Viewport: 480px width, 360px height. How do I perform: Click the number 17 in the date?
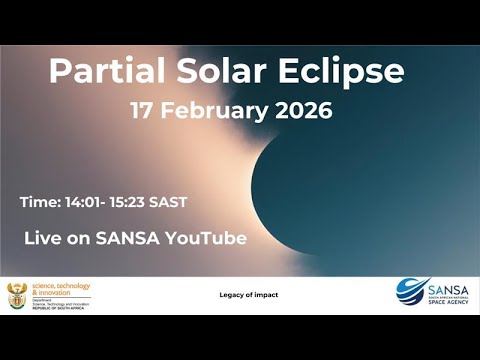pyautogui.click(x=145, y=110)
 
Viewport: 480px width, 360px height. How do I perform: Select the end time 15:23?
pyautogui.click(x=129, y=202)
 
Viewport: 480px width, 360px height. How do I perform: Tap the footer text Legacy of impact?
pyautogui.click(x=248, y=294)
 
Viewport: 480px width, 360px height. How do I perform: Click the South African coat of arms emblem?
pyautogui.click(x=18, y=295)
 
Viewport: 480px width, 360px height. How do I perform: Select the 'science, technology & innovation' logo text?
pyautogui.click(x=61, y=289)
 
